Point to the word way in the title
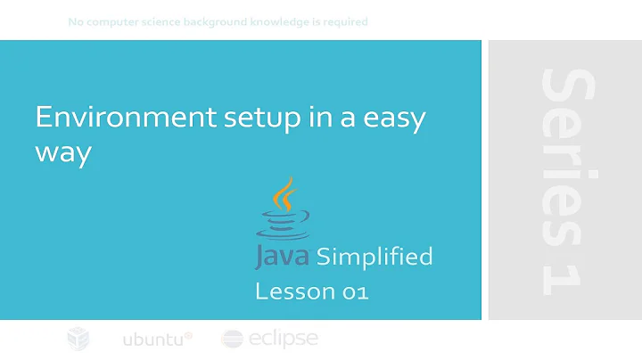point(63,152)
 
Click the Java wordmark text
point(283,258)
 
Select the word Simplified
point(374,258)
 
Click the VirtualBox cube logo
point(79,340)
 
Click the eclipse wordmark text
point(283,339)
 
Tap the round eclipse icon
point(232,340)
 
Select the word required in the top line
point(343,21)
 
